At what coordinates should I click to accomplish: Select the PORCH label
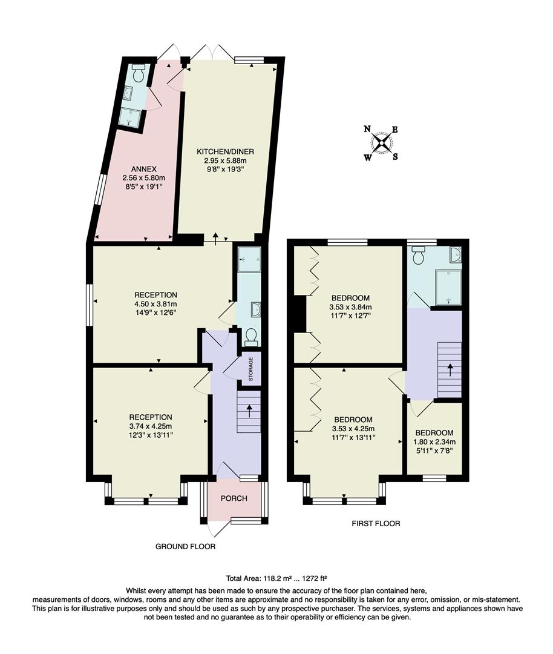(235, 498)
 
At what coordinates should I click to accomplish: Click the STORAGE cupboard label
(250, 368)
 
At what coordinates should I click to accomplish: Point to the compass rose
(382, 144)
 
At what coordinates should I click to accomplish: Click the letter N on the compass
(367, 129)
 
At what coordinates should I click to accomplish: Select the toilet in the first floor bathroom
(418, 257)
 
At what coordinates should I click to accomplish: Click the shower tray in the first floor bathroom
(448, 287)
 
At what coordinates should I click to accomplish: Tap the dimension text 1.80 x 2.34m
(434, 441)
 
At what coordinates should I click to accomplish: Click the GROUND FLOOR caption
(185, 546)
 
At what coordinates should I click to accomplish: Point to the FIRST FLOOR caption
(375, 523)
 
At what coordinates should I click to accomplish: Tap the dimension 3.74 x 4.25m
(151, 426)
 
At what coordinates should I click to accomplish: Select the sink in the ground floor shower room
(255, 310)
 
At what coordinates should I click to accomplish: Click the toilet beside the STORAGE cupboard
(250, 337)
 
